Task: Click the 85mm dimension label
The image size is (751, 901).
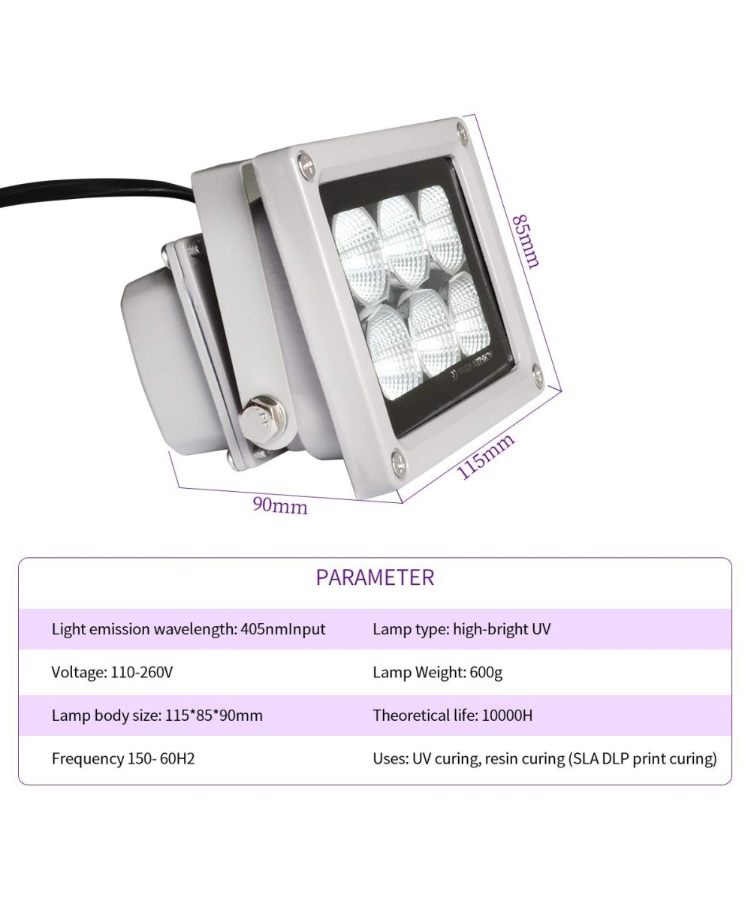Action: [526, 241]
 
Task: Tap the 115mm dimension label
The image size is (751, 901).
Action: [487, 456]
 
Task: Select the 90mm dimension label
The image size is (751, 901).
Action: [280, 505]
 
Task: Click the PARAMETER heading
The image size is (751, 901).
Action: [375, 577]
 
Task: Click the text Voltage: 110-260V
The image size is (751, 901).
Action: [112, 672]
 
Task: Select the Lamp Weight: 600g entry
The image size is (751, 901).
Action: [437, 672]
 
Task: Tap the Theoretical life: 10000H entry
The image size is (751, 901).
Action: [452, 715]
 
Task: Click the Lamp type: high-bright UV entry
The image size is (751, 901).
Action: [461, 629]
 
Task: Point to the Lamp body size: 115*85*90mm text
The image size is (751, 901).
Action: [157, 715]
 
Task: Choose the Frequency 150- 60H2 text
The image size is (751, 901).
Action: [123, 758]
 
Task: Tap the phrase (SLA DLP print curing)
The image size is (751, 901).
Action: [642, 758]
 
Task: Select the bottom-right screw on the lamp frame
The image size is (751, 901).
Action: [536, 373]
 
